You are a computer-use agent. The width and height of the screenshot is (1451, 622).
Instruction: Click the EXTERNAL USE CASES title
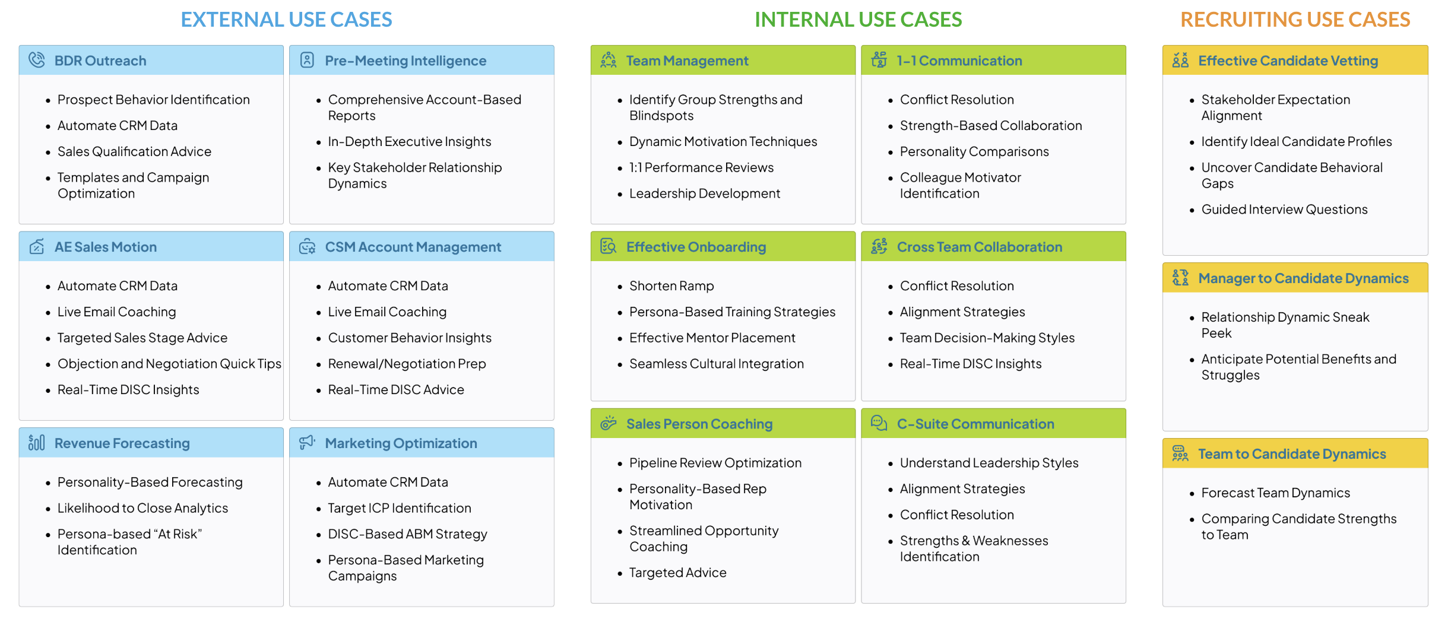(286, 20)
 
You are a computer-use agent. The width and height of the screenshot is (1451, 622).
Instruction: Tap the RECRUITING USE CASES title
(1295, 20)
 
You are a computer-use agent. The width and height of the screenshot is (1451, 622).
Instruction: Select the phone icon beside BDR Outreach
(37, 60)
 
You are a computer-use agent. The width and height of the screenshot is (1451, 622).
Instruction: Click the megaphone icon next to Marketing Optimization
(307, 442)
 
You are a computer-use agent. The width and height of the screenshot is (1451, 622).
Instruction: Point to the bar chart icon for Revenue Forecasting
(37, 443)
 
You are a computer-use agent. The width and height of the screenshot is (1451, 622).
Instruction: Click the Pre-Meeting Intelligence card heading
(405, 61)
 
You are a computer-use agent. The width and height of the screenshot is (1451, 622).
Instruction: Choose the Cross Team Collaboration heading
(979, 247)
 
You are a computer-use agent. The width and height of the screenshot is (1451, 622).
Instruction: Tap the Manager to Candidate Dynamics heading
(1303, 278)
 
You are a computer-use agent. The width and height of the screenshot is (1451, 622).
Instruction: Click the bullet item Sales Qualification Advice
(134, 151)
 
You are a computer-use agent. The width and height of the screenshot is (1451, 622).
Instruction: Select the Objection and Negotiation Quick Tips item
(169, 364)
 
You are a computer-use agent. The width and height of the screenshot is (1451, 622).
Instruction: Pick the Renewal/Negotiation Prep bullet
(407, 364)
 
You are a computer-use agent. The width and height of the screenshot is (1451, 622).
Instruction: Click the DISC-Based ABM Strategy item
(407, 534)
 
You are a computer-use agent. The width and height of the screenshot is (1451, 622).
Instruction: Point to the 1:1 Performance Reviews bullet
(701, 167)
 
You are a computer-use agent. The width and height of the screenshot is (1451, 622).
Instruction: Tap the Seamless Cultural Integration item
(716, 364)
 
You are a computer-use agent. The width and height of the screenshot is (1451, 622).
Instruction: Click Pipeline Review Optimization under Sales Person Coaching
(715, 463)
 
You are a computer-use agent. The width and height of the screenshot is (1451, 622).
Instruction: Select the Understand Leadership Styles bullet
(989, 463)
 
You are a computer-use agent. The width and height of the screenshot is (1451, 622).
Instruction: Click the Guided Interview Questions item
(1284, 210)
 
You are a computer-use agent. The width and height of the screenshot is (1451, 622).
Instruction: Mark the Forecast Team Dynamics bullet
(1275, 493)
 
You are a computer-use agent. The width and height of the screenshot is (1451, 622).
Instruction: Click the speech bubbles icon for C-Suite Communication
(879, 423)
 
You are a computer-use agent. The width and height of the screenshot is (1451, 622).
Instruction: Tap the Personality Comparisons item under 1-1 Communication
(974, 151)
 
